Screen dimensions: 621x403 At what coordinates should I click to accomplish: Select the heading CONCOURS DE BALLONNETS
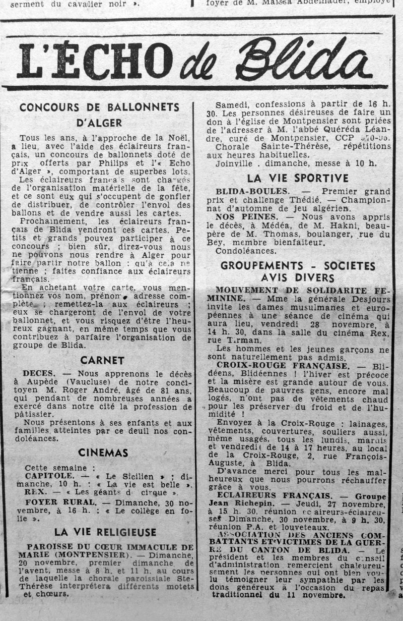click(x=99, y=107)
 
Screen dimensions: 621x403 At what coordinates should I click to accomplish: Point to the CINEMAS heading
click(x=103, y=453)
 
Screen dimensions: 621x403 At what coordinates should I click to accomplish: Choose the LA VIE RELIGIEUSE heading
click(x=105, y=532)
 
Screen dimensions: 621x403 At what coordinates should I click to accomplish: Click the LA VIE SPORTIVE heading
click(x=298, y=178)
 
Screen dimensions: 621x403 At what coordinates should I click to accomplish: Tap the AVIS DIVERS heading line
click(x=298, y=278)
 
